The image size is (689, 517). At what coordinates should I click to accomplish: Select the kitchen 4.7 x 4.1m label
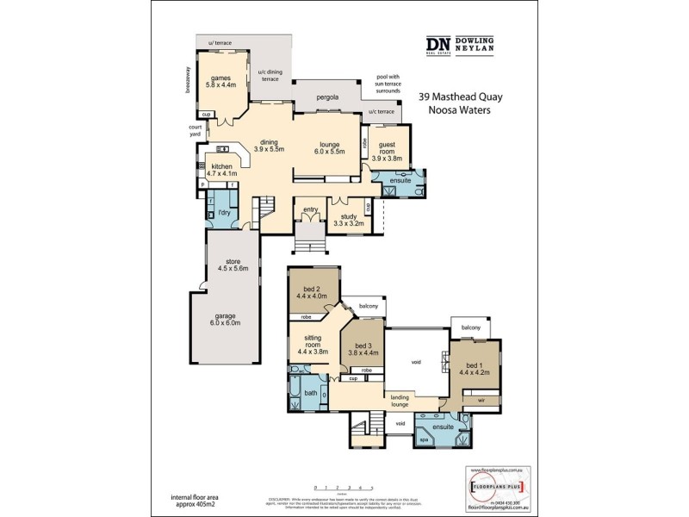221,170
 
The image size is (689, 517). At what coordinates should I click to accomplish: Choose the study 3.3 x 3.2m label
349,220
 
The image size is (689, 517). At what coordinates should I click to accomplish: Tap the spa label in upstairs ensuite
422,439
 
